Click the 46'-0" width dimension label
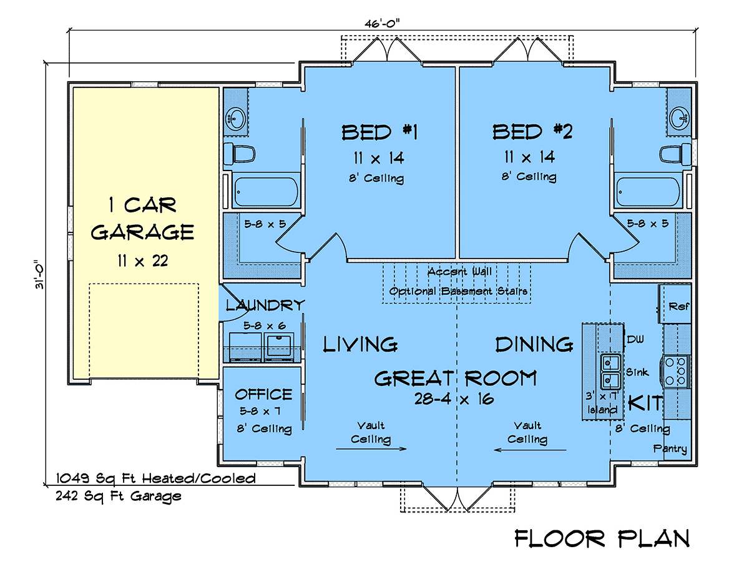[x=382, y=24]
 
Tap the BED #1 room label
[x=379, y=132]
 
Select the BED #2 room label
[x=532, y=132]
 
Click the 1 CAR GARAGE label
[x=142, y=219]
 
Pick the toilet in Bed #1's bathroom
[x=240, y=154]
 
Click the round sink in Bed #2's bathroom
[x=679, y=117]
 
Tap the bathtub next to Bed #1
[x=266, y=191]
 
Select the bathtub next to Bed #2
[x=648, y=191]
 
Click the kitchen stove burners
[x=675, y=371]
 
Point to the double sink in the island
[x=611, y=372]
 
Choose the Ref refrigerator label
[x=678, y=306]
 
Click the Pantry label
[x=670, y=448]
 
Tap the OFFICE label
[x=263, y=394]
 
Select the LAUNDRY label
[x=265, y=305]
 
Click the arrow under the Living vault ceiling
[x=371, y=448]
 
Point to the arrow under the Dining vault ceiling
[x=530, y=450]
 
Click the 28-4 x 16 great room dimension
[x=454, y=399]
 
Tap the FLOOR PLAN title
[x=602, y=538]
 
